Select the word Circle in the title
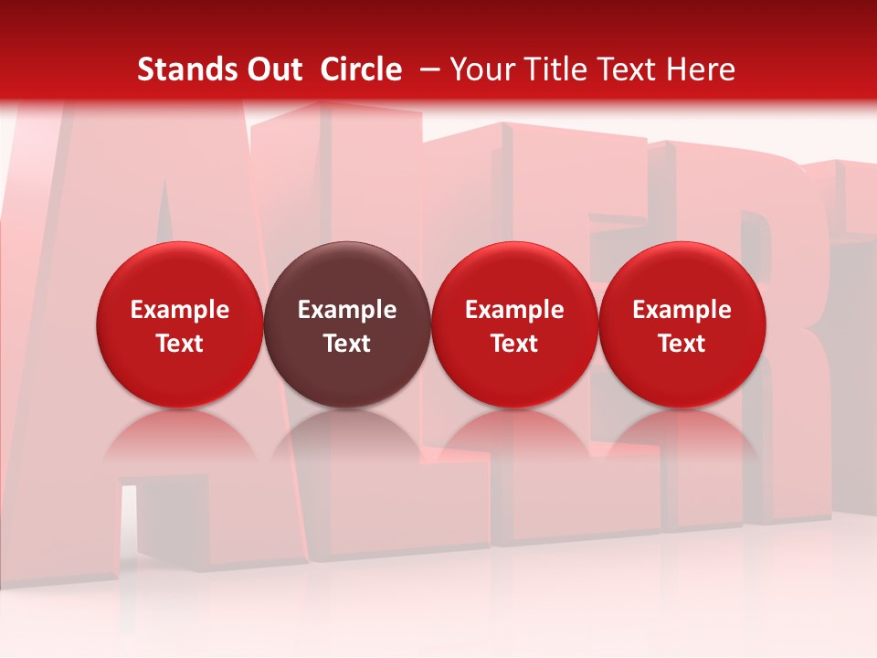[x=361, y=69]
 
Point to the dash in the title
[x=427, y=69]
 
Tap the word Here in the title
[x=699, y=69]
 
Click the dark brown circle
[x=347, y=324]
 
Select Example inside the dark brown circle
[x=347, y=310]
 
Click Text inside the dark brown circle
[x=347, y=344]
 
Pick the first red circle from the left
[x=180, y=324]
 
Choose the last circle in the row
[x=682, y=324]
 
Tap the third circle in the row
[x=514, y=324]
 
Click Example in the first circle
[x=180, y=310]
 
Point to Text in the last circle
[x=682, y=344]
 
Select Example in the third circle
[x=514, y=310]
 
